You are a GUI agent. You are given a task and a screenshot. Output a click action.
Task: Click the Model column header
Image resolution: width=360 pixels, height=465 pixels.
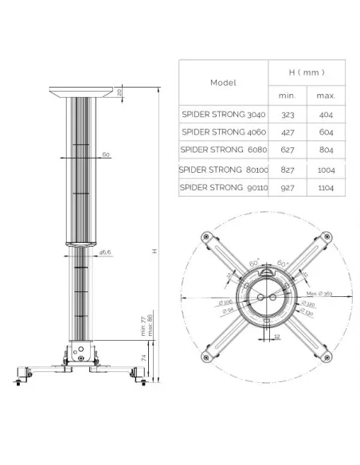[x=224, y=82]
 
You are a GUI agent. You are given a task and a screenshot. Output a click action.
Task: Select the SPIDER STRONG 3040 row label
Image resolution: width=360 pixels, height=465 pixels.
[x=223, y=114]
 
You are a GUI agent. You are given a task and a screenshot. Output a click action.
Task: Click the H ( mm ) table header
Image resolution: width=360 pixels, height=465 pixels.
[x=306, y=72]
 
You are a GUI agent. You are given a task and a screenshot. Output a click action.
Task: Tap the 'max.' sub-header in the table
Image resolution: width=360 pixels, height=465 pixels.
[x=325, y=95]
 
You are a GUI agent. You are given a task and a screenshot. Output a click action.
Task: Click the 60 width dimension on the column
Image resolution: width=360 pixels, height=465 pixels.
[x=105, y=155]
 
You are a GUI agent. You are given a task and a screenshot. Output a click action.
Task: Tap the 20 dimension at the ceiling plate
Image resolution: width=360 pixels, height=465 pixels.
[x=120, y=92]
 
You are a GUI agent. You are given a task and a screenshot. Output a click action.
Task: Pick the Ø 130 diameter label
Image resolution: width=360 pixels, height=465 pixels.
[x=307, y=313]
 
